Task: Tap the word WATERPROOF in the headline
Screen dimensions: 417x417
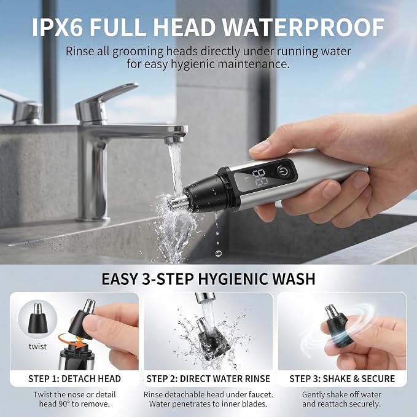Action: (x=303, y=28)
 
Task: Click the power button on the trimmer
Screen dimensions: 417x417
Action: (x=283, y=171)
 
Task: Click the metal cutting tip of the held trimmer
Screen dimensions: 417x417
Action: (x=177, y=201)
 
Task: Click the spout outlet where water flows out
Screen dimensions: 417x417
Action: (x=174, y=140)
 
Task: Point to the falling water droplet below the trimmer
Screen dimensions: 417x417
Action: (x=219, y=253)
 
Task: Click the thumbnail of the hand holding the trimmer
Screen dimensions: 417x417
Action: (x=258, y=150)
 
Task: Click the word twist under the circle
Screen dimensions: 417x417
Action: (x=37, y=346)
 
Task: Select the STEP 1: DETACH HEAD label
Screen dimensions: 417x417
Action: (x=74, y=379)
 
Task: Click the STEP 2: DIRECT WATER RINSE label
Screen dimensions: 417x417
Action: (x=208, y=379)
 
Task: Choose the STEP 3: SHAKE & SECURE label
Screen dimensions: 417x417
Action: (x=342, y=379)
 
